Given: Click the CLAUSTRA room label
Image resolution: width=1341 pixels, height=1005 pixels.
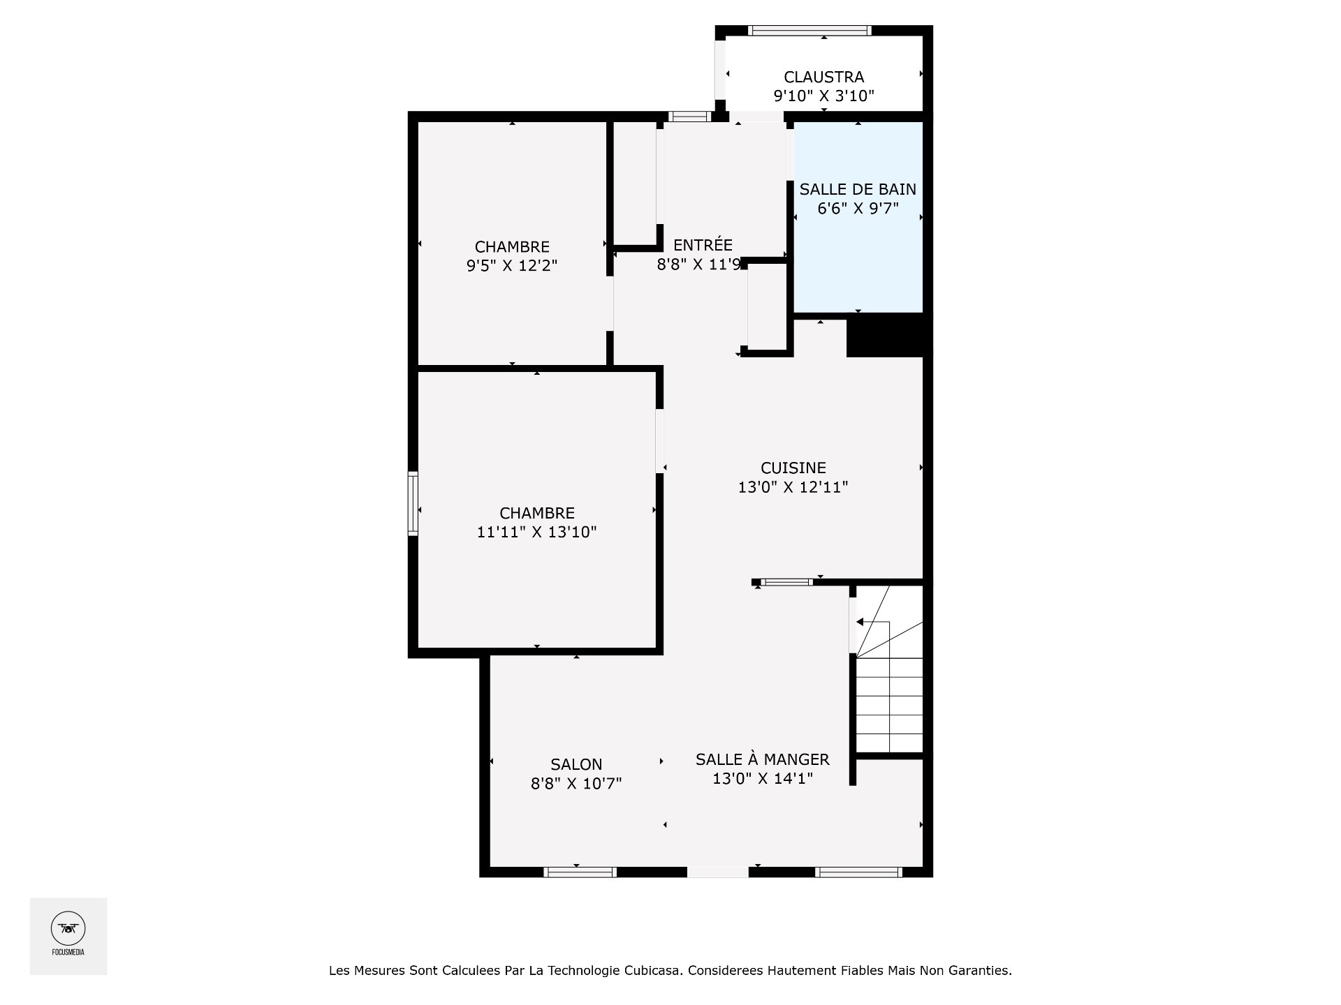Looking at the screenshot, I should coord(823,77).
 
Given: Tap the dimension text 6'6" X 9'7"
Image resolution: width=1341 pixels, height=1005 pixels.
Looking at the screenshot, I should coord(858,208).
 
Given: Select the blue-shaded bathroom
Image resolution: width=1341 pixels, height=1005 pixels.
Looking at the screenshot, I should coord(858,265).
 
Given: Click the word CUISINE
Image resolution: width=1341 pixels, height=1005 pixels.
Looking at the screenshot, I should coord(793,468).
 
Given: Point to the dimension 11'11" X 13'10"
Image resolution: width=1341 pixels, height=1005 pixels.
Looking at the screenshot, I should coord(536,533).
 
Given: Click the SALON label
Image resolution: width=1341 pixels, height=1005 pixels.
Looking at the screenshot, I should coord(576,764).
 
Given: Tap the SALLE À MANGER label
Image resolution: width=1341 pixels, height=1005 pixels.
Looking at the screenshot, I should coord(762,759).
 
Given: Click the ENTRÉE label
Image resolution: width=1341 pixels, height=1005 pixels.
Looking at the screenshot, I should coord(703,245).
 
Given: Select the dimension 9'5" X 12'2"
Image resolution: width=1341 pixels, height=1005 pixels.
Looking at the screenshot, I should coord(512,266).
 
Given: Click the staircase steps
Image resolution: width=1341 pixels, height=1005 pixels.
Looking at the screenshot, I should coord(889,705).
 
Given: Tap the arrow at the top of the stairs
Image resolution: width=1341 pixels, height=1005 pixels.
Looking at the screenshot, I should coord(860,622).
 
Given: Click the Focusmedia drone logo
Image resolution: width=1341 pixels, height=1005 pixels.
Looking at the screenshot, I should coord(68,929).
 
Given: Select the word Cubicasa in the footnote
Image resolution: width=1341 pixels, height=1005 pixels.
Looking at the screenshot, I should coord(654,970).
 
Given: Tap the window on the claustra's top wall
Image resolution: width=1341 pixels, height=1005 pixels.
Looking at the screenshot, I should coord(809,30).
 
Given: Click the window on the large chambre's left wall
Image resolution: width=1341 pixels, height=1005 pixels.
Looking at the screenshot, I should coord(413,504).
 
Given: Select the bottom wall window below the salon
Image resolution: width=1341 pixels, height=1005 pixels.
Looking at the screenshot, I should coord(580,872).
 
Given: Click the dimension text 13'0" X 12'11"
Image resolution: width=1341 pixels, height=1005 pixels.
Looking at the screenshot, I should coord(793,487).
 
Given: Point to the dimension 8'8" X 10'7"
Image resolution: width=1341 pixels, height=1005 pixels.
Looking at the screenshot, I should coord(576,784).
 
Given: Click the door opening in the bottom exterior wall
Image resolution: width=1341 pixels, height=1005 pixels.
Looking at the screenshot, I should coord(717,872).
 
